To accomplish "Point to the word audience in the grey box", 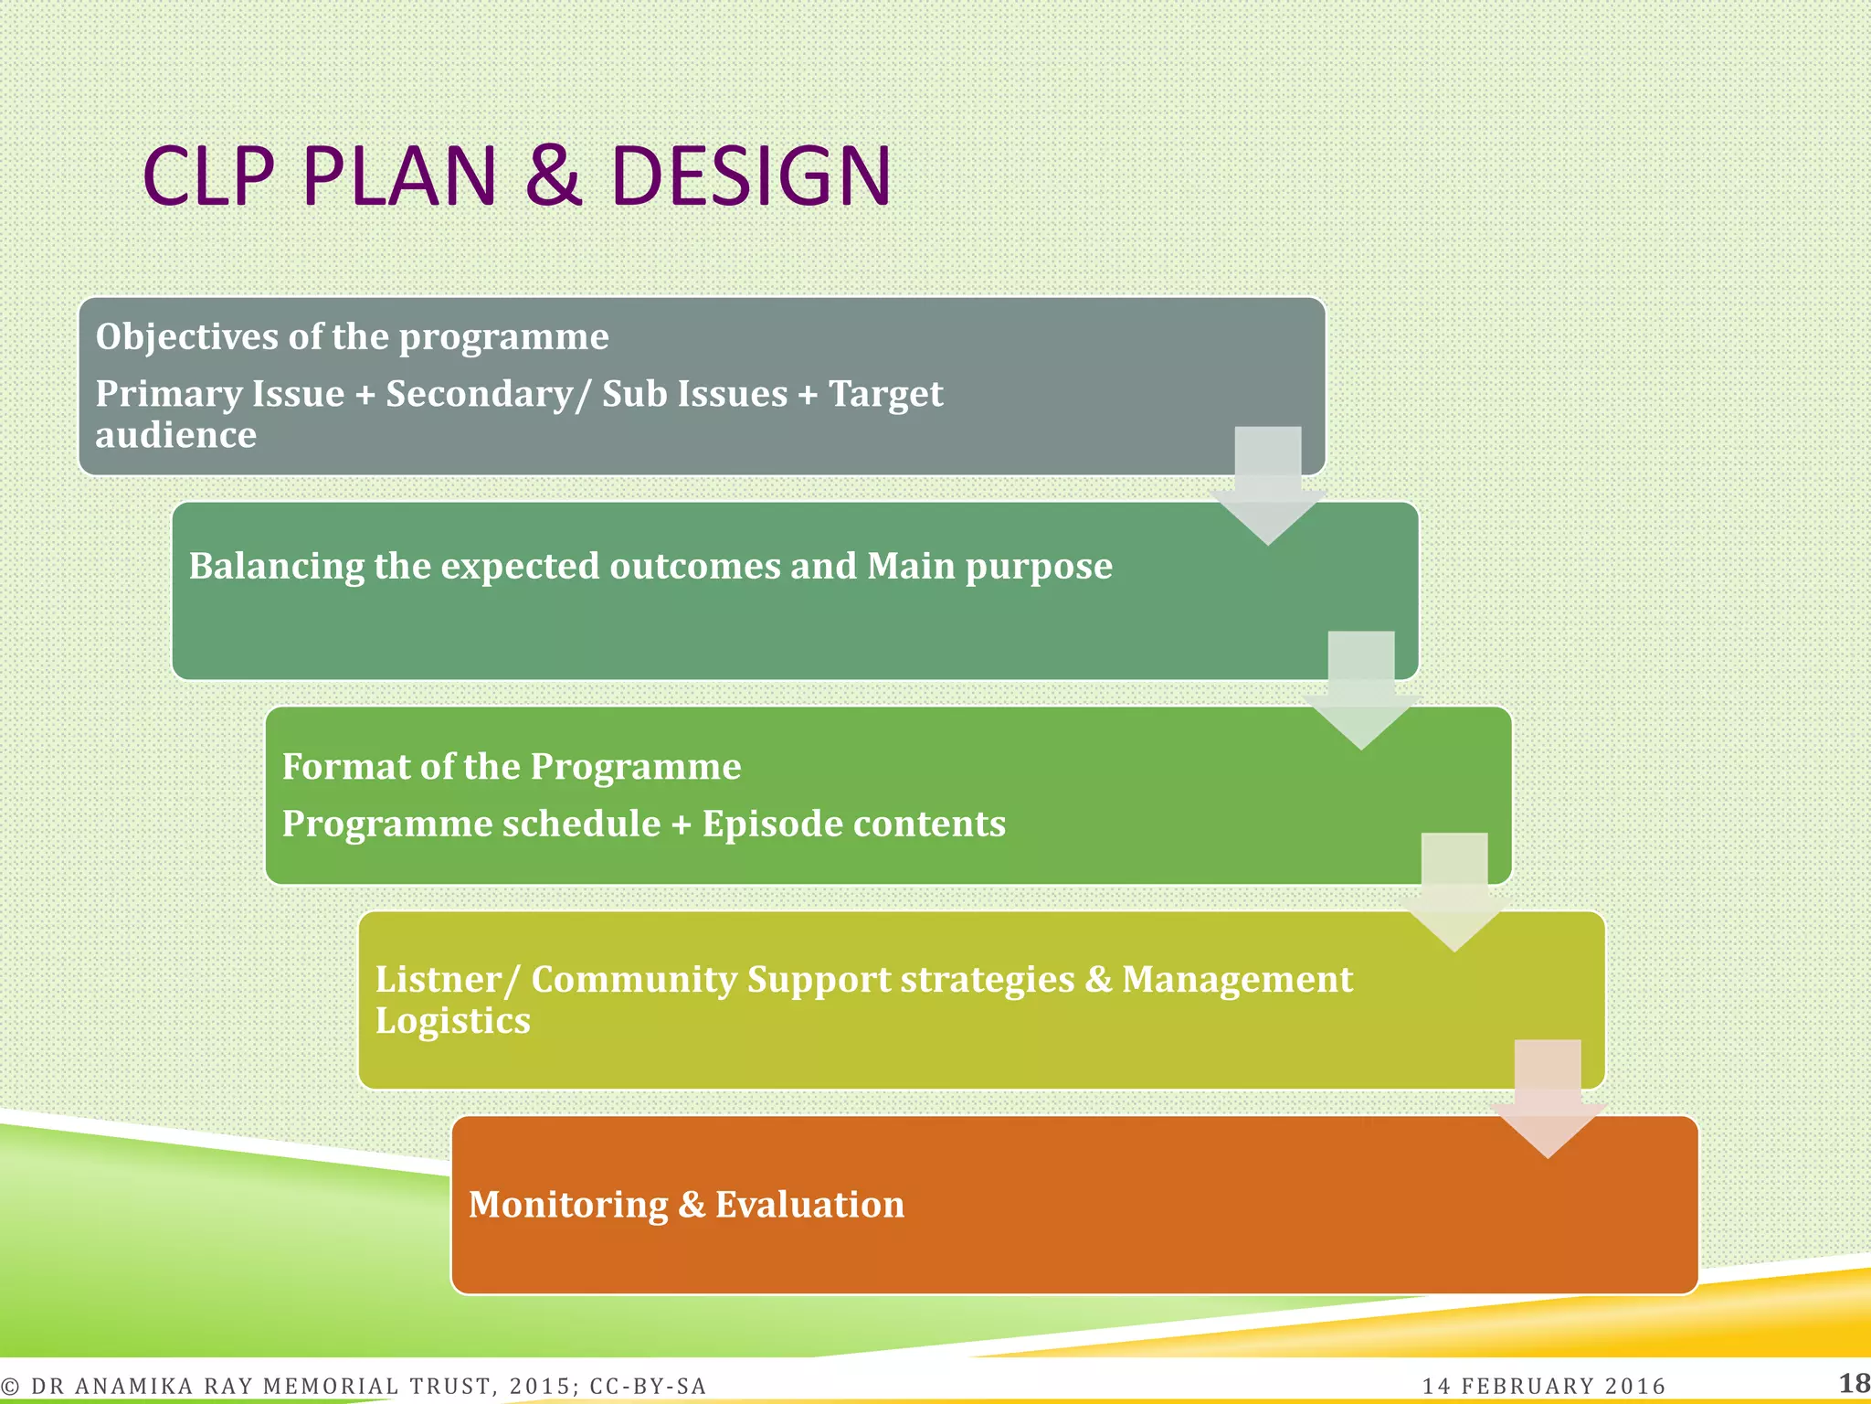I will click(175, 435).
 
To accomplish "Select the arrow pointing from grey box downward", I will click(1267, 484).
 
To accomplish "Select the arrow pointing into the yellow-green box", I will click(1454, 891).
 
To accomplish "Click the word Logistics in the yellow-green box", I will click(452, 1020).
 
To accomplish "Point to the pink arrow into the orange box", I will click(1548, 1097).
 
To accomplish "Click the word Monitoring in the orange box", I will click(567, 1205).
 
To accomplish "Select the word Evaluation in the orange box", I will click(809, 1205).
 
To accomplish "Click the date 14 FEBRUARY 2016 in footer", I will click(1544, 1386).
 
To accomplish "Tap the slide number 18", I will click(1853, 1383).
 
